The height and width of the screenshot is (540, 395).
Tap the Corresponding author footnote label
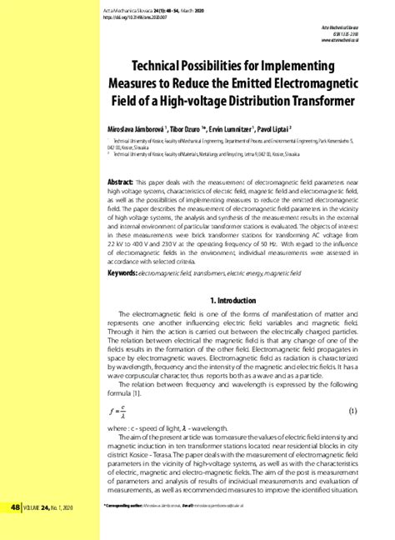[130, 505]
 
